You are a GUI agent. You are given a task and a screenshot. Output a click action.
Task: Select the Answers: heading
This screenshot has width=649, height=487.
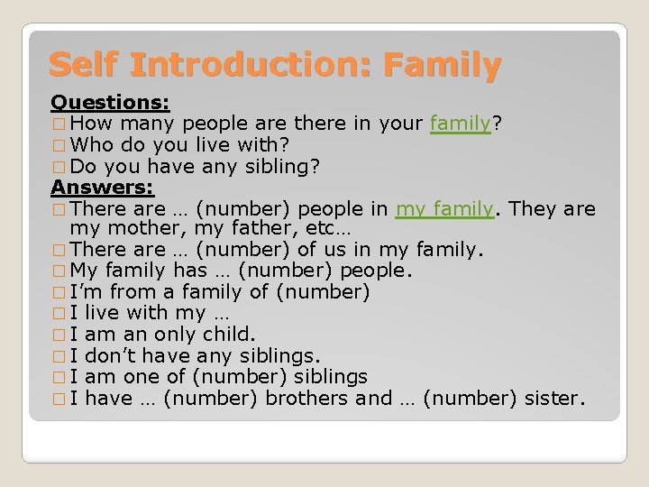point(103,188)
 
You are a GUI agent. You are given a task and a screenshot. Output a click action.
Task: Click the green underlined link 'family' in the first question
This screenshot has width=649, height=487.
point(460,123)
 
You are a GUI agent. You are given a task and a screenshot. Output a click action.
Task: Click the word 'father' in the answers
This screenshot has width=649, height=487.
point(237,230)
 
